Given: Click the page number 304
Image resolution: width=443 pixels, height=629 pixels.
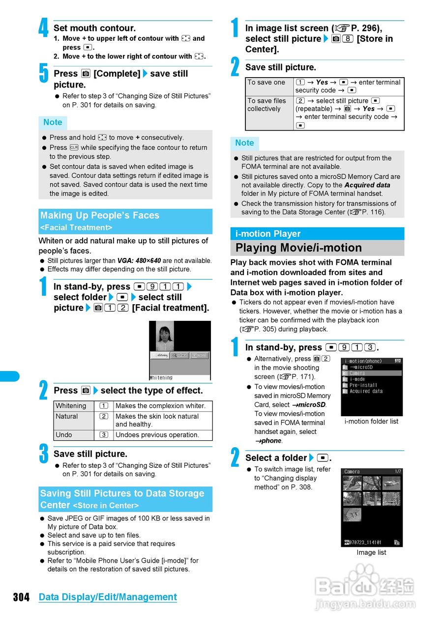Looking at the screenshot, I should click(x=21, y=597).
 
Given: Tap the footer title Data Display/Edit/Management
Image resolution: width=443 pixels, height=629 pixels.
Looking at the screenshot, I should click(x=108, y=597).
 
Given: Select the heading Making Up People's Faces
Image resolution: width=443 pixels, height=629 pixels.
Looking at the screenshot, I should click(x=100, y=216).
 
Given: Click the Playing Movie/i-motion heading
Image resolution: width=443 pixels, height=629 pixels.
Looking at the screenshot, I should click(x=298, y=248).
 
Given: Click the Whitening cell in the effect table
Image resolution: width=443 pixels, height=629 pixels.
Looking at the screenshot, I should click(x=71, y=406).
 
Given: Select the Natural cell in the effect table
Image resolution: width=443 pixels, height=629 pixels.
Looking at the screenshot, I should click(x=67, y=416).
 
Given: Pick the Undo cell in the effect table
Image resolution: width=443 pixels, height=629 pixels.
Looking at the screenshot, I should click(x=64, y=435).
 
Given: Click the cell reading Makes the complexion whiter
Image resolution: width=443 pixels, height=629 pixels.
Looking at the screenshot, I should click(x=160, y=406).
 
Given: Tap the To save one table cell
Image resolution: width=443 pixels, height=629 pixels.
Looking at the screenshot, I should click(x=266, y=83).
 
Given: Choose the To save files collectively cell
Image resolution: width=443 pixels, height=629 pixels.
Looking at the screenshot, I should click(x=267, y=105).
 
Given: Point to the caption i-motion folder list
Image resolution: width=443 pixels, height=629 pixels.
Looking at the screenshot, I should click(x=371, y=421).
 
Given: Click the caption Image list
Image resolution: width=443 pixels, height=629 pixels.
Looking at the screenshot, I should click(x=371, y=552).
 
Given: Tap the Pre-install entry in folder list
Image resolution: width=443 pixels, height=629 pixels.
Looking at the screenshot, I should click(x=363, y=385).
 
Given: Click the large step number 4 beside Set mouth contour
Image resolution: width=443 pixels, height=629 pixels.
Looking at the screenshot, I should click(x=44, y=28).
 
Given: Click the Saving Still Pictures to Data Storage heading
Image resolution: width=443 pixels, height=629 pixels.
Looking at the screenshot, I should click(x=122, y=493).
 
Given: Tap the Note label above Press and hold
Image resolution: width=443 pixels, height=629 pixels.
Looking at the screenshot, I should click(x=53, y=122).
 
